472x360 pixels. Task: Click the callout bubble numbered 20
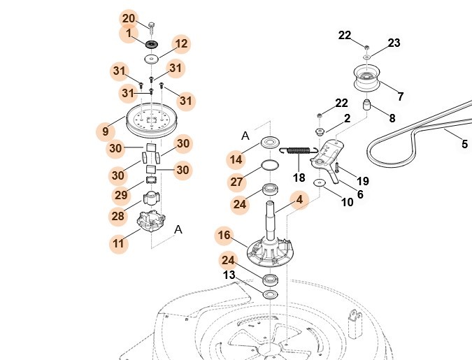[129, 18]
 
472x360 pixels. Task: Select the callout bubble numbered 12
[181, 44]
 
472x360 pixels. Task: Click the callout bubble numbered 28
[117, 217]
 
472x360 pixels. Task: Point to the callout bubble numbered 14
[236, 159]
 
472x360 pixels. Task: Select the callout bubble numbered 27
[236, 182]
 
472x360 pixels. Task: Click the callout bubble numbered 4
[299, 199]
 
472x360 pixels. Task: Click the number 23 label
[394, 43]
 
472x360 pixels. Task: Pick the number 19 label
[362, 181]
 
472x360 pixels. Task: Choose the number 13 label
[229, 275]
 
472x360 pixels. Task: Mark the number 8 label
[392, 119]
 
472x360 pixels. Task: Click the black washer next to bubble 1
[151, 33]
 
